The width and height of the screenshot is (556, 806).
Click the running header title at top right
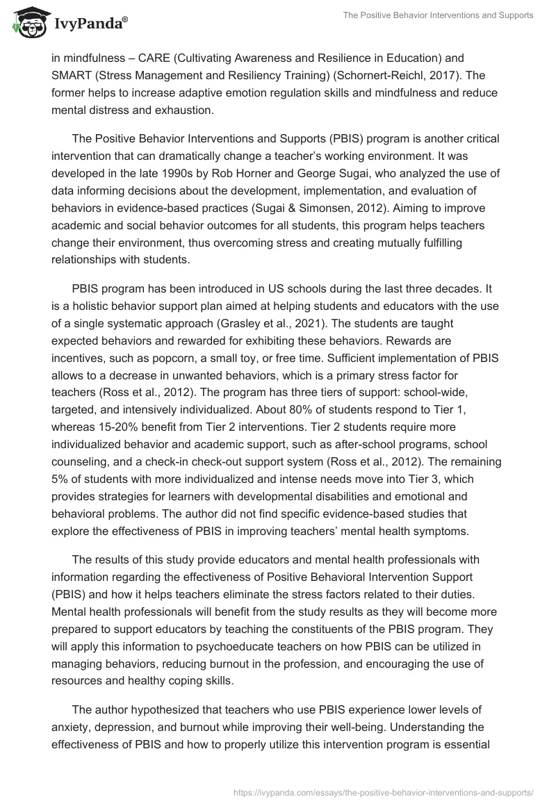pos(438,15)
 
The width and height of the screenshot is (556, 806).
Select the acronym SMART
pos(72,76)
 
